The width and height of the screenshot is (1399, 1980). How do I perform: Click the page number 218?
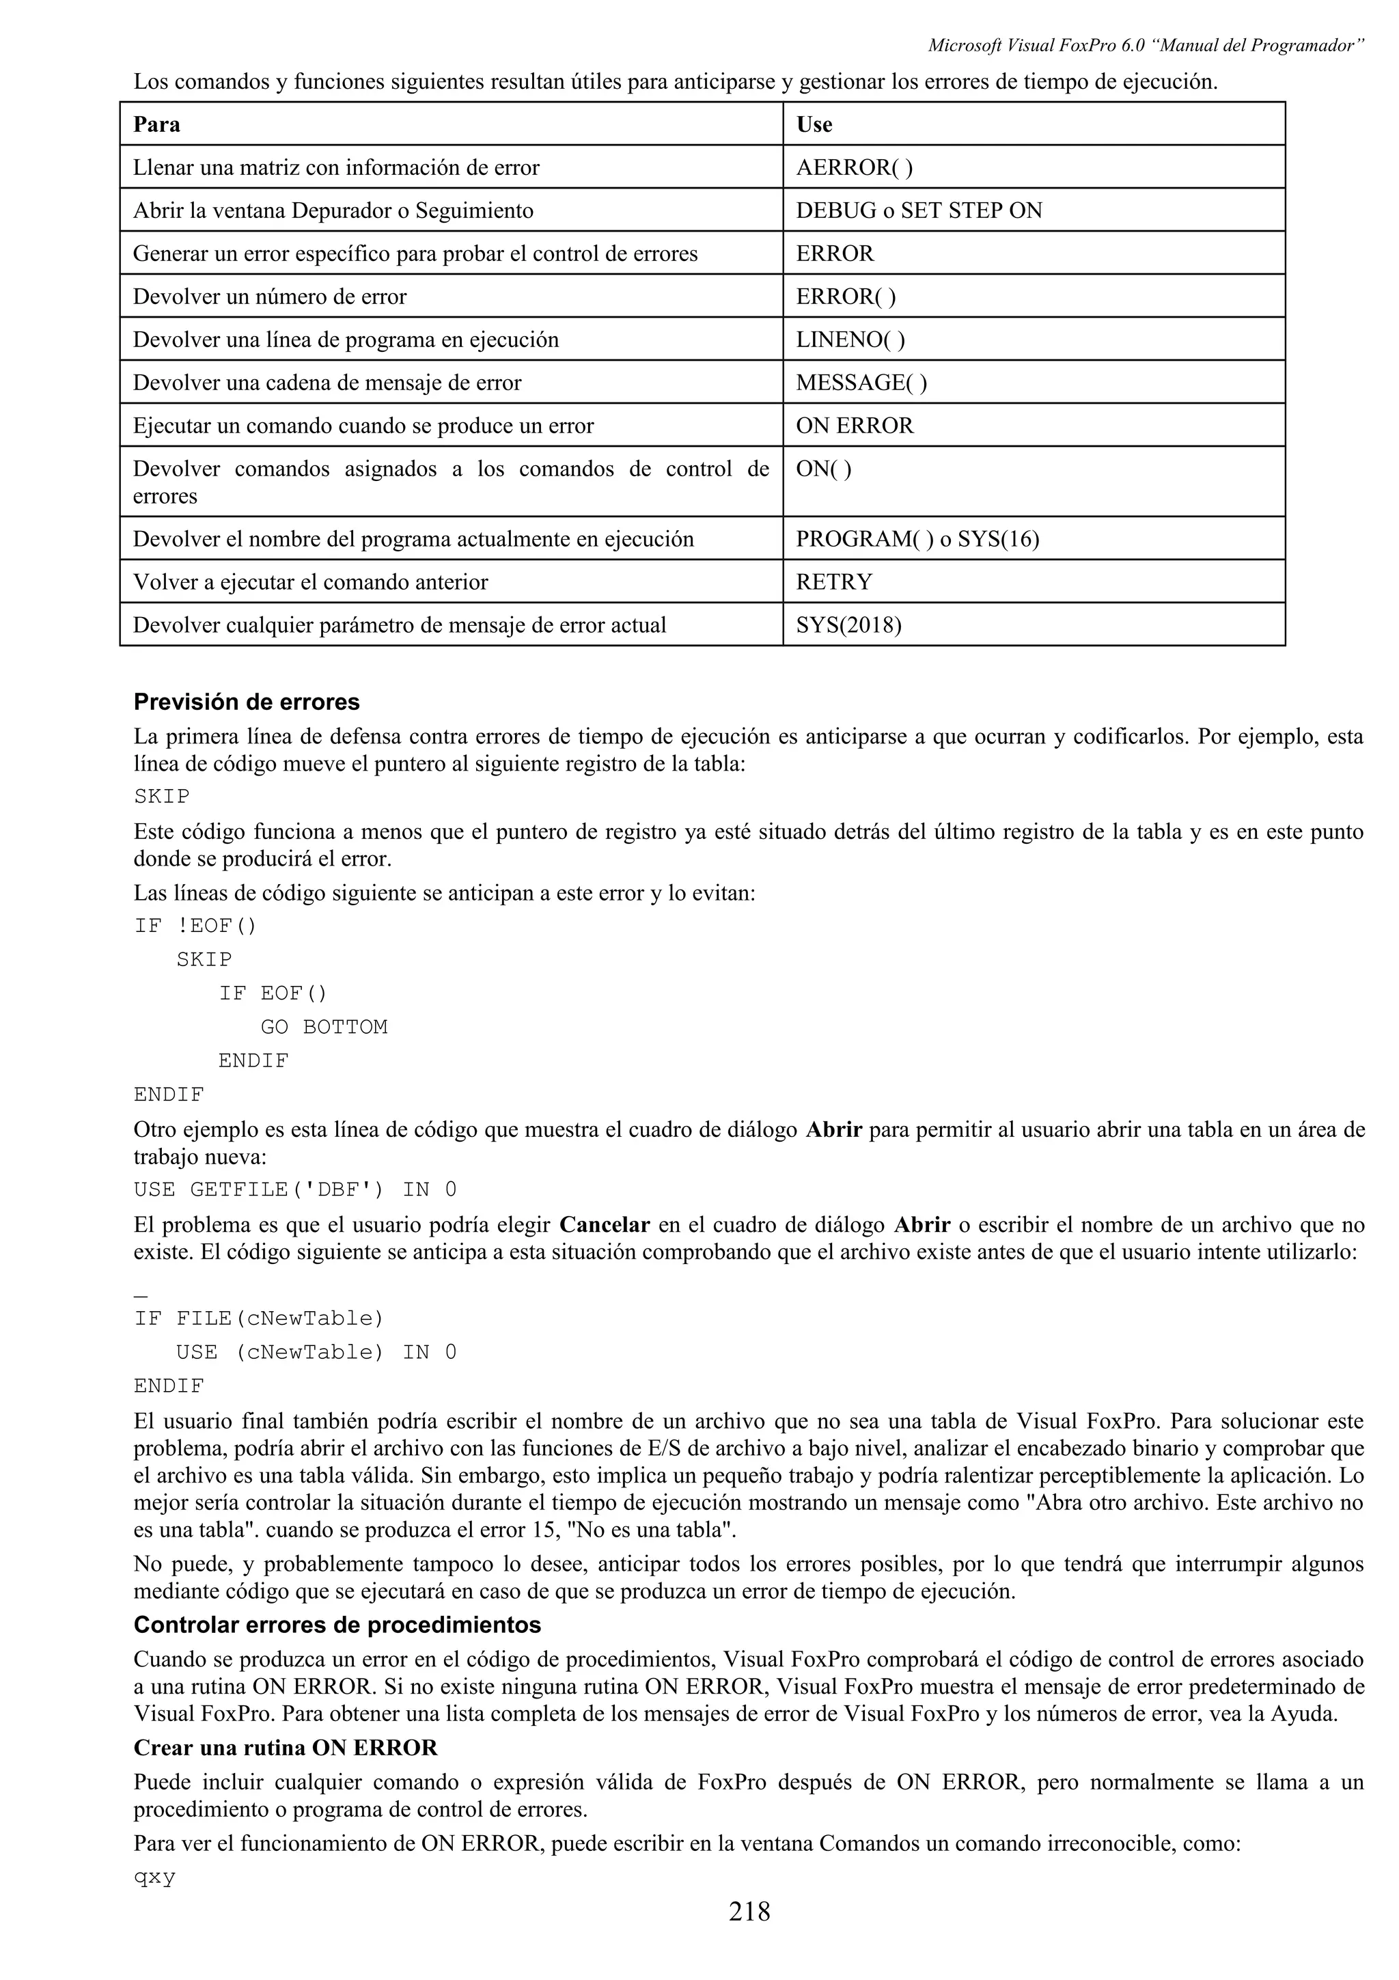tap(749, 1936)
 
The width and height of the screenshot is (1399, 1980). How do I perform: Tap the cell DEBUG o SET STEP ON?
tap(918, 210)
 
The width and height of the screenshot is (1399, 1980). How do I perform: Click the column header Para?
tap(157, 124)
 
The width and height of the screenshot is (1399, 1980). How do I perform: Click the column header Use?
tap(814, 124)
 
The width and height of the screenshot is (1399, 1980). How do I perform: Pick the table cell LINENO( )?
tap(850, 340)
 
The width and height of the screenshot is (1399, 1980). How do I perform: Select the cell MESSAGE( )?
tap(861, 383)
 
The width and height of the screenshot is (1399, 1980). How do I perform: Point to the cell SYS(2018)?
tap(848, 625)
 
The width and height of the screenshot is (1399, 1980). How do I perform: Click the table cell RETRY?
tap(833, 582)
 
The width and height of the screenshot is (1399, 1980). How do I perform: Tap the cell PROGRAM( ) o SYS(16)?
tap(917, 539)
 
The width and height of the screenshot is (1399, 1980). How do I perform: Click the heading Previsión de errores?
tap(247, 702)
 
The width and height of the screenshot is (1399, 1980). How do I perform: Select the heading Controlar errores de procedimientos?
tap(337, 1625)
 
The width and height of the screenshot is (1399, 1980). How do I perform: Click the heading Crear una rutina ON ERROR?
tap(286, 1748)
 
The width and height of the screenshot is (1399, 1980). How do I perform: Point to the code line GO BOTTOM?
tap(324, 1027)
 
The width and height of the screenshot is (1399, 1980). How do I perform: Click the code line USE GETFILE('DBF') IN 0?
tap(295, 1190)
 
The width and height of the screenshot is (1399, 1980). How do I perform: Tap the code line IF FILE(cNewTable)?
tap(259, 1319)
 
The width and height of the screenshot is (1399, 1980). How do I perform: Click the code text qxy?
tap(155, 1878)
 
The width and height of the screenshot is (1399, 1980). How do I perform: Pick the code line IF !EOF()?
tap(195, 926)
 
